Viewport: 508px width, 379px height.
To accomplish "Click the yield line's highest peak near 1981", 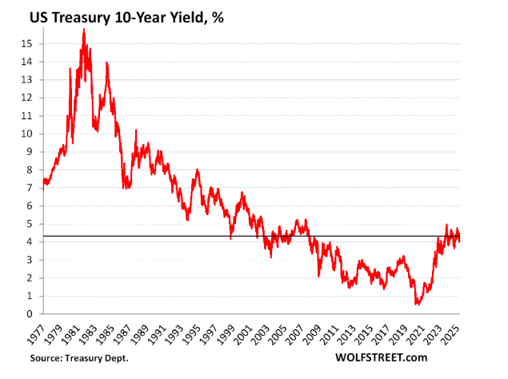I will (x=83, y=30).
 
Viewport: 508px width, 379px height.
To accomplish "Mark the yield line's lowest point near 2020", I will (x=418, y=304).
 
